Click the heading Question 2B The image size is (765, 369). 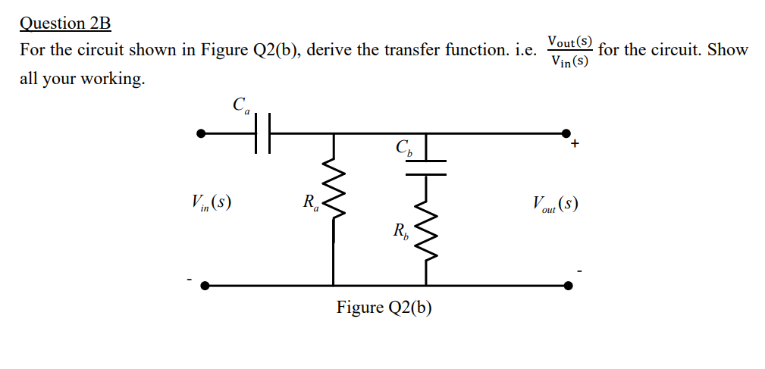65,23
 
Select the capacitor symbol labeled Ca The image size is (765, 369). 262,133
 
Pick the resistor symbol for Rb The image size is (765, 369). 426,231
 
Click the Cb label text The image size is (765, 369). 403,148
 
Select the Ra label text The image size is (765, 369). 311,202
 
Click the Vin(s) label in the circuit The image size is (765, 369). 212,202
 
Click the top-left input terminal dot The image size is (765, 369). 201,133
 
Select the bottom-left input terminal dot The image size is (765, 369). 201,286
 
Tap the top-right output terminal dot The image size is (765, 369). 566,133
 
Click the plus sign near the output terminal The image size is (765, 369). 575,143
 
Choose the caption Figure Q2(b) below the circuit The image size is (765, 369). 384,308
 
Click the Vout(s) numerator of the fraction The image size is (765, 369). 569,41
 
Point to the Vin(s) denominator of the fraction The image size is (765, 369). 569,61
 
